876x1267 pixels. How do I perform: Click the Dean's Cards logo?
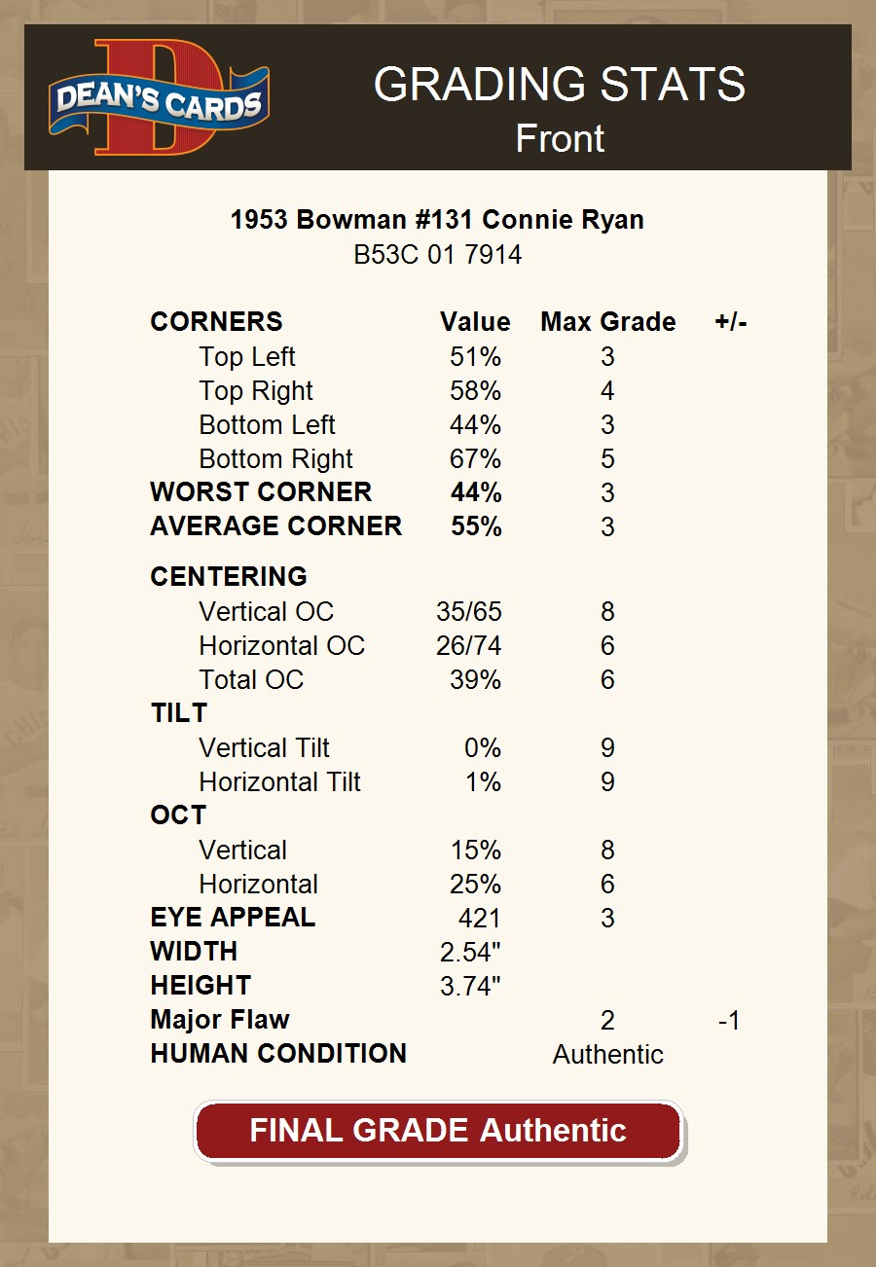click(x=159, y=97)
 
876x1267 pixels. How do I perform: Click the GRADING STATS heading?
click(x=560, y=86)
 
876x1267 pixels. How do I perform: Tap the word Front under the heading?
click(x=560, y=139)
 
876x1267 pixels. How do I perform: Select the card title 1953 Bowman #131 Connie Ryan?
click(x=437, y=220)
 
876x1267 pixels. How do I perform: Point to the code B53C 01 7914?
click(x=437, y=255)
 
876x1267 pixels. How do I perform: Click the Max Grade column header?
click(x=607, y=322)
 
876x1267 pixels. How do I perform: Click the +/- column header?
click(x=730, y=322)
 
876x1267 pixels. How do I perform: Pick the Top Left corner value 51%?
click(x=475, y=357)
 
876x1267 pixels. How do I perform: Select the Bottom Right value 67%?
click(x=475, y=459)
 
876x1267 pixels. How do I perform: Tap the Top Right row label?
click(x=255, y=391)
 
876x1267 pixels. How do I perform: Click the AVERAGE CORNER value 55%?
click(x=476, y=526)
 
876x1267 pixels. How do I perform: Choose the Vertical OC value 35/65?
click(x=469, y=612)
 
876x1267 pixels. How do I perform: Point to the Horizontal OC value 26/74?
click(x=469, y=646)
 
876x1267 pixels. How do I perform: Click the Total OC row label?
click(x=251, y=679)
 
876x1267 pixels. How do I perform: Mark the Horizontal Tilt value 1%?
click(x=483, y=782)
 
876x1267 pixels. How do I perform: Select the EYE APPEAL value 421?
click(x=479, y=918)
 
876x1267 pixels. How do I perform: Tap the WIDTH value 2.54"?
click(x=470, y=952)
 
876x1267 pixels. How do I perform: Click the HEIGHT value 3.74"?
click(x=470, y=986)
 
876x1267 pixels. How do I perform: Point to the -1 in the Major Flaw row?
click(x=728, y=1021)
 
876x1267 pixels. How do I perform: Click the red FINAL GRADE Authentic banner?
click(x=438, y=1131)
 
